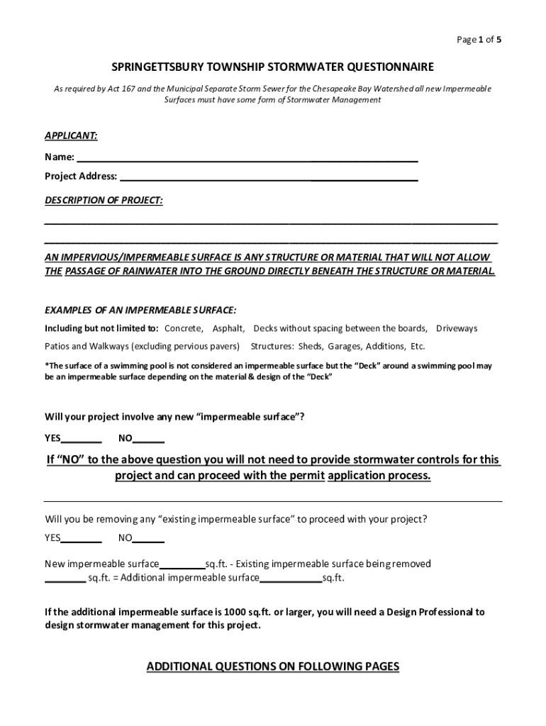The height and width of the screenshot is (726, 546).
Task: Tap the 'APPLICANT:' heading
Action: [x=71, y=135]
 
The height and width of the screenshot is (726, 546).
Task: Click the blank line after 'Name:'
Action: [x=247, y=157]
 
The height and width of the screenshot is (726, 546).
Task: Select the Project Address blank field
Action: [x=268, y=177]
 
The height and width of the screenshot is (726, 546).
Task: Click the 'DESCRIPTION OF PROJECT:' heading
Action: [x=104, y=201]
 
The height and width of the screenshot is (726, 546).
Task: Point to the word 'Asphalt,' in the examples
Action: [x=229, y=328]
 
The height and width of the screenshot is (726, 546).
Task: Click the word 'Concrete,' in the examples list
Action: [x=184, y=328]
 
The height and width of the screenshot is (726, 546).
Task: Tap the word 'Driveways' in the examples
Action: [x=457, y=328]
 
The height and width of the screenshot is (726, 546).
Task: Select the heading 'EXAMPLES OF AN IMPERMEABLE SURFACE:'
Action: [x=140, y=311]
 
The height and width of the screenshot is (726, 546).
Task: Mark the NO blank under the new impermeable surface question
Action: [x=149, y=439]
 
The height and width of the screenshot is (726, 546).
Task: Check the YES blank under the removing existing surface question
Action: [x=82, y=538]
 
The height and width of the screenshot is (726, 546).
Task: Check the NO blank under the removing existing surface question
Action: [x=149, y=538]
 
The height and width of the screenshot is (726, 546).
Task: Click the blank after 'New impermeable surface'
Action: [x=182, y=565]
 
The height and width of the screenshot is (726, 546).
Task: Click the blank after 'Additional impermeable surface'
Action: [x=291, y=579]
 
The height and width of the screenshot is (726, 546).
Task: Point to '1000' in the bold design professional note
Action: [x=235, y=612]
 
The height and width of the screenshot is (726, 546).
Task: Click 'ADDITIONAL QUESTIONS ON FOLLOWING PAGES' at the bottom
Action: [x=273, y=666]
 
